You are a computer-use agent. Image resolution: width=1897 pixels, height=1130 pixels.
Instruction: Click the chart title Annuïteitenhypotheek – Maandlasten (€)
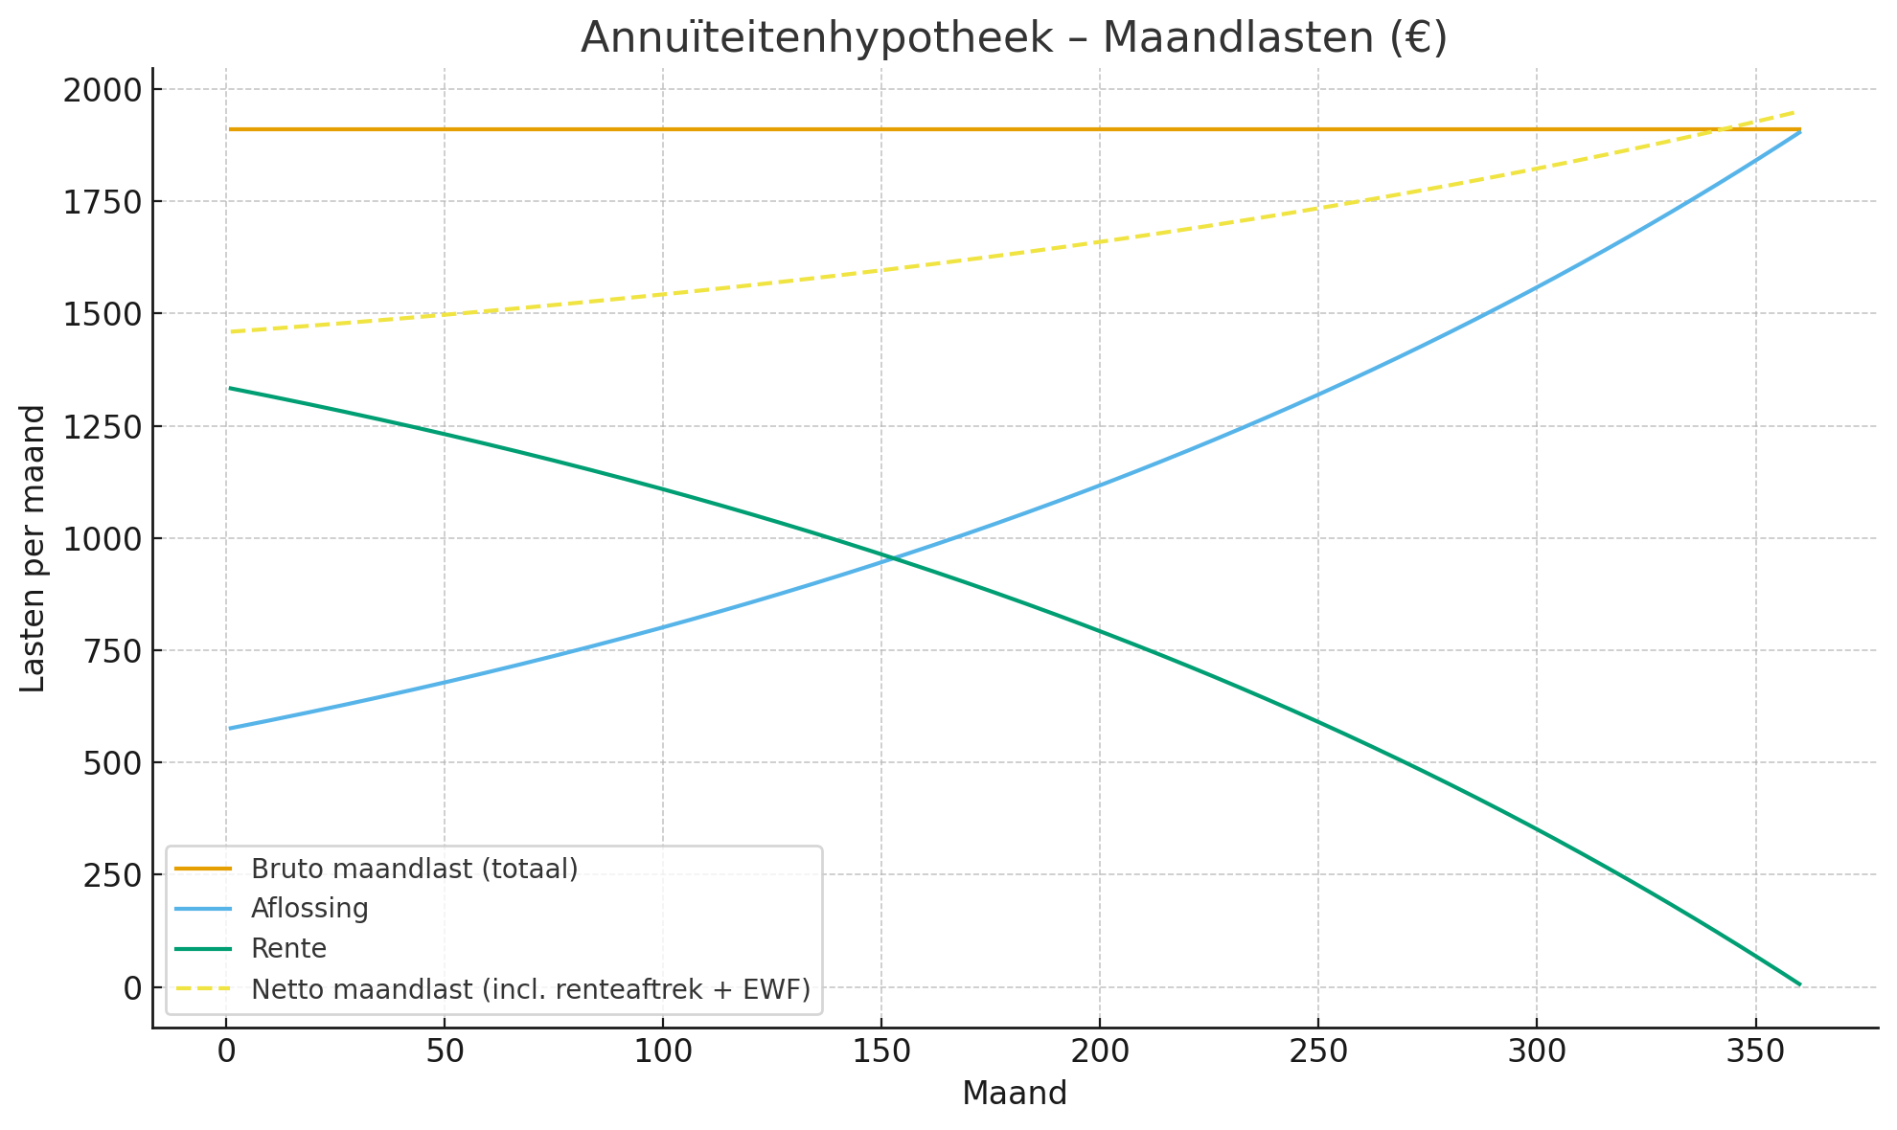1014,38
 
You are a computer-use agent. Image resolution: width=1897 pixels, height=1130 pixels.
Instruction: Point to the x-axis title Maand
1015,1094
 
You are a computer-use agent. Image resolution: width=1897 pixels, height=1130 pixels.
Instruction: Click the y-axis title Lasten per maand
34,549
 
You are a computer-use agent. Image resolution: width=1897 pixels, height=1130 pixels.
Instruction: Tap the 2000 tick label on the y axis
101,90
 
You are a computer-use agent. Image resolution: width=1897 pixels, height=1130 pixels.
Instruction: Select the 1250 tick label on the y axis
101,427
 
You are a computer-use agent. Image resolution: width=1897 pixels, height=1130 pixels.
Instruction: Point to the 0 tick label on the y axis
130,987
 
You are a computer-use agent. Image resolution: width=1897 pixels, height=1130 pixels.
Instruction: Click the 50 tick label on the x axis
445,1051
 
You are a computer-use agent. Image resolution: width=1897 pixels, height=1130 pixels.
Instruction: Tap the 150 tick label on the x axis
881,1051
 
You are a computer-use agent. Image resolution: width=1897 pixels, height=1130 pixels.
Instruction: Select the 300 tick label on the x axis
1537,1051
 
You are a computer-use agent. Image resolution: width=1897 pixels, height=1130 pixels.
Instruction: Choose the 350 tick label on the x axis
1755,1051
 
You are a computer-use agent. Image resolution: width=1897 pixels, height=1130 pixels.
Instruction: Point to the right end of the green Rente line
1799,984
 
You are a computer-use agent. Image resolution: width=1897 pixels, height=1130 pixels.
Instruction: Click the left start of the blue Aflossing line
230,729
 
